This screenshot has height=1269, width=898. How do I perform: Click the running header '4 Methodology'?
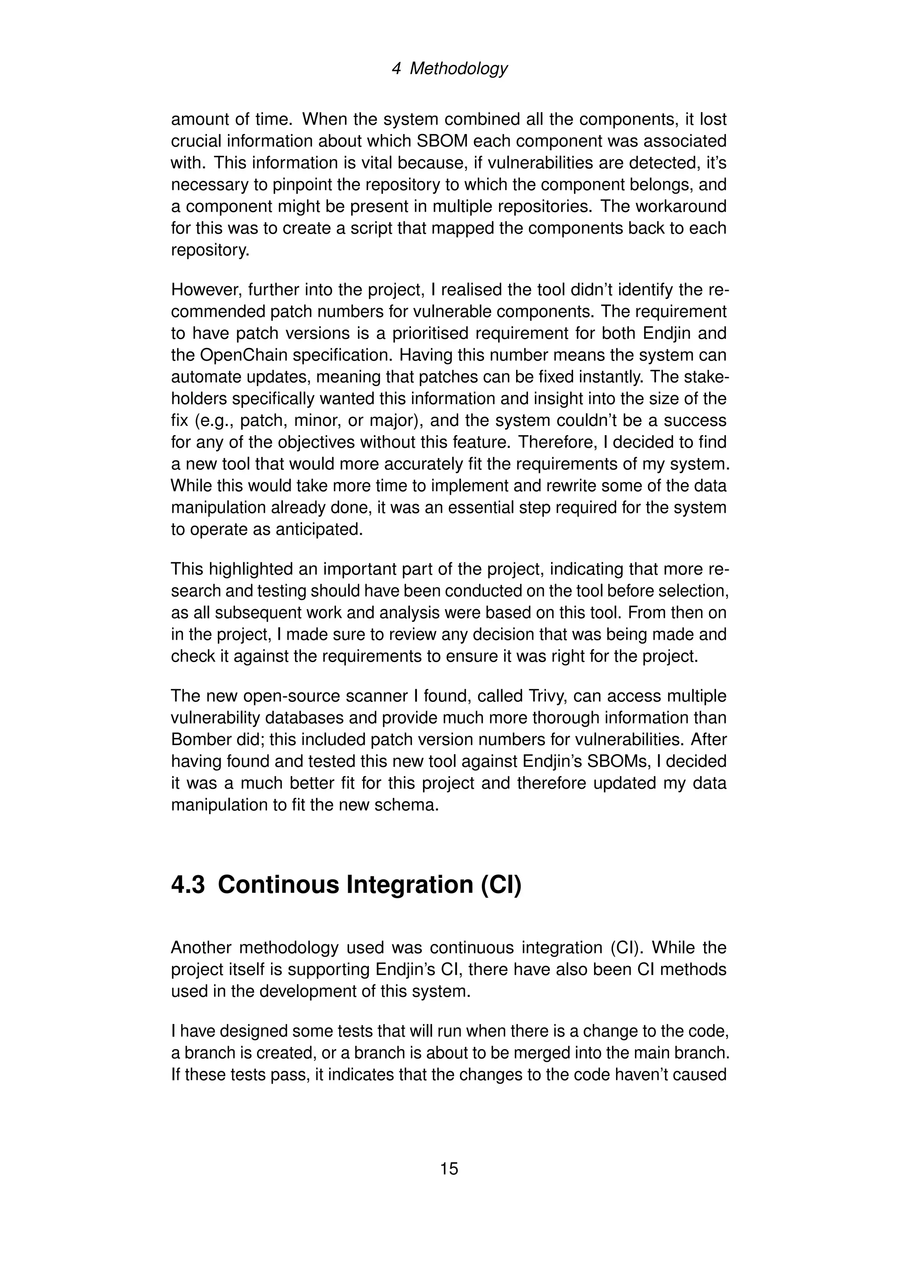(x=449, y=68)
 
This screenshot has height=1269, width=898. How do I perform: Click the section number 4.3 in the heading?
(x=188, y=885)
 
